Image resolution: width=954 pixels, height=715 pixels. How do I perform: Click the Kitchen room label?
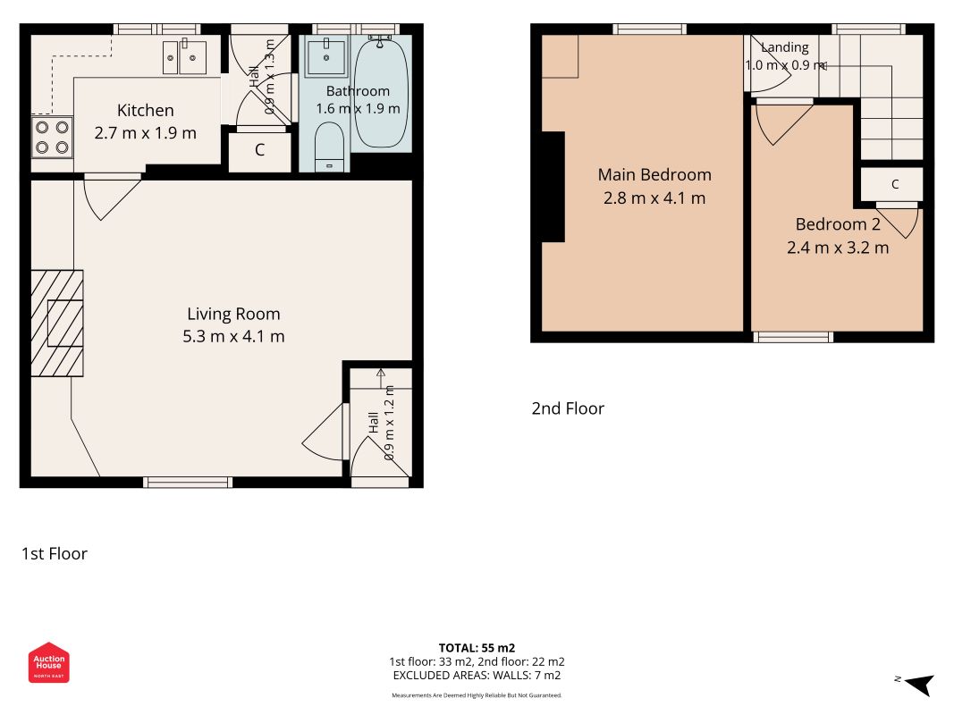click(x=146, y=110)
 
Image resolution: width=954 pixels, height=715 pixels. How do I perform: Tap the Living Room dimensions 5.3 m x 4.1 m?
click(x=233, y=336)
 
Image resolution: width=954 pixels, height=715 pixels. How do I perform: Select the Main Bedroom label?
click(x=654, y=175)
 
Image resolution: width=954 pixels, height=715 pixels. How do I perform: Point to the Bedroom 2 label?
click(x=838, y=224)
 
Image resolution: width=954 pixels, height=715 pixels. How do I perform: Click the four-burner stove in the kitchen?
click(x=52, y=138)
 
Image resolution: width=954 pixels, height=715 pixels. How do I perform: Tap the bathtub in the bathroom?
click(x=381, y=92)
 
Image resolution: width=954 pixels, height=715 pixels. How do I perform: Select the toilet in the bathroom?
click(x=330, y=147)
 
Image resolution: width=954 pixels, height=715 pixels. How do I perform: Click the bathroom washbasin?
click(x=326, y=56)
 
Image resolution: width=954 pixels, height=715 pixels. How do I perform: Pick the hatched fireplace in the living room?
click(x=57, y=324)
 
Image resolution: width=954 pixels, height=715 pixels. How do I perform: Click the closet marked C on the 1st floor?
click(x=260, y=150)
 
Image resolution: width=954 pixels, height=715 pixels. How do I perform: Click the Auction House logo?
click(x=48, y=662)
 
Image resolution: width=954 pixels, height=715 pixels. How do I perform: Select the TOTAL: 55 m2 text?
click(x=477, y=648)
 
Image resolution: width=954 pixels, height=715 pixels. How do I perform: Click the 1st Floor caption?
click(x=55, y=554)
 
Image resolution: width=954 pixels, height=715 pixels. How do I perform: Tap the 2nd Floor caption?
click(x=568, y=408)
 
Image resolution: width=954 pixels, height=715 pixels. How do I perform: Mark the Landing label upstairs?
click(x=785, y=47)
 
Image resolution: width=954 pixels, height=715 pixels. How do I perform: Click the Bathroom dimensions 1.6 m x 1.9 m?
click(x=358, y=109)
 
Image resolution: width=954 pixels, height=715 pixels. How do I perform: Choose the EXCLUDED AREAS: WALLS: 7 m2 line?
click(x=477, y=676)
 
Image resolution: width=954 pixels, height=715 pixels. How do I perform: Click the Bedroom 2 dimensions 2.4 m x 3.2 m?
click(x=838, y=248)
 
